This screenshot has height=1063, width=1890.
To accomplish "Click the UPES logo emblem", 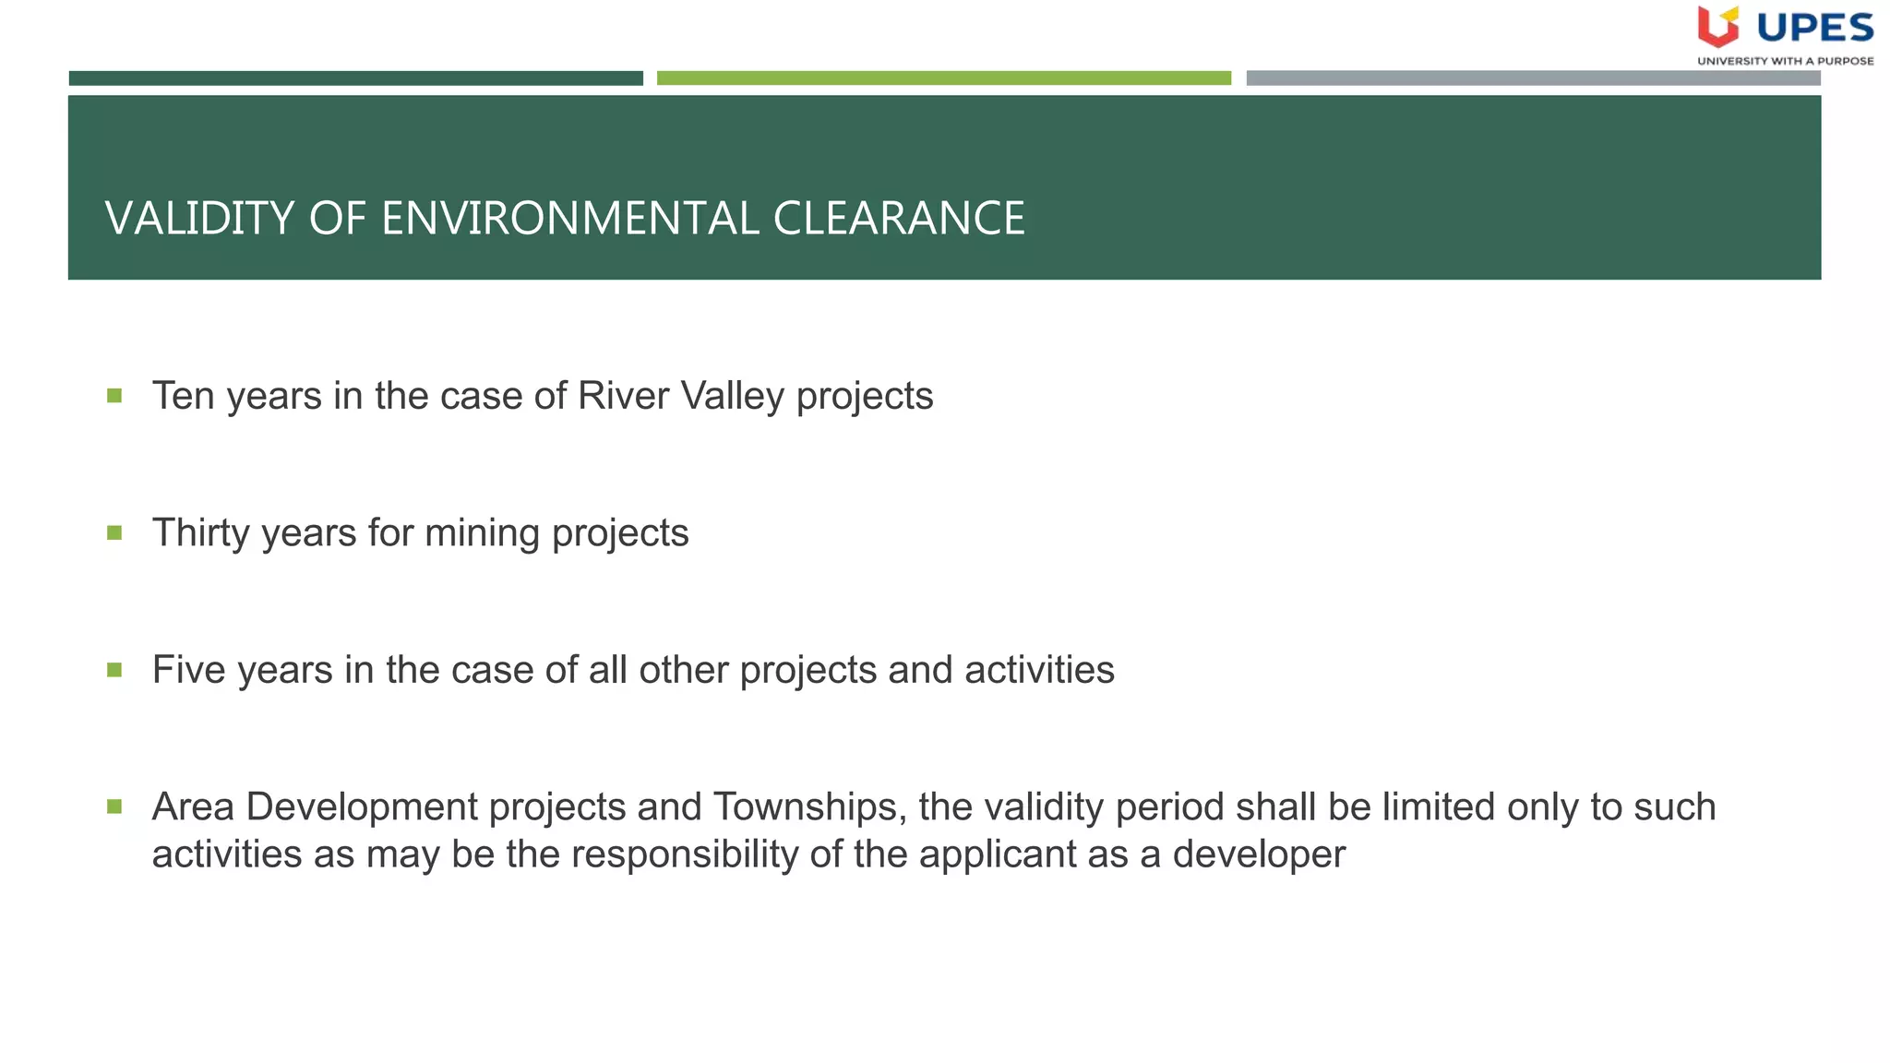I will (x=1717, y=27).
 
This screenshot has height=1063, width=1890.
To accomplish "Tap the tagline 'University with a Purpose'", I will (x=1785, y=61).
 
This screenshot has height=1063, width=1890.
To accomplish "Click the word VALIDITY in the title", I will (x=199, y=219).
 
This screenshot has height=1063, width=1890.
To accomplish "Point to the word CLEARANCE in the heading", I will (x=899, y=219).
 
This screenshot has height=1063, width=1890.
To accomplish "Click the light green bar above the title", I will (x=943, y=78).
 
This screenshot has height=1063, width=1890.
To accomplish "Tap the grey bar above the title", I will (x=1533, y=78).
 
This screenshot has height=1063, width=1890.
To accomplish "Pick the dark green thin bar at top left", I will (x=355, y=78).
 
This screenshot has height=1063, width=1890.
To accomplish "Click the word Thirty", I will (x=202, y=533).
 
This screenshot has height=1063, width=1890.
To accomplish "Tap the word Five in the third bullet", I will (x=189, y=670).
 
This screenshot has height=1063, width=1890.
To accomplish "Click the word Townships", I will (x=805, y=807).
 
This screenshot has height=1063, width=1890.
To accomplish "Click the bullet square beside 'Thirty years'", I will (x=114, y=532).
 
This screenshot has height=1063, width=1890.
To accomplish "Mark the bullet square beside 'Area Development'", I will (x=114, y=806).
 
